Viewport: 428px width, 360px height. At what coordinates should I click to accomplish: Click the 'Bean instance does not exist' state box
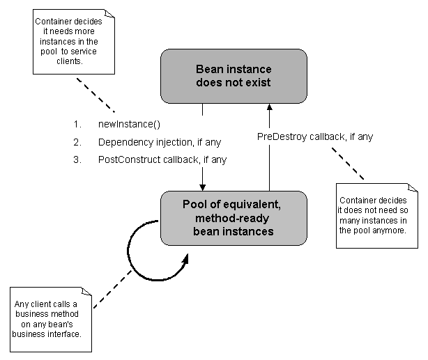[233, 77]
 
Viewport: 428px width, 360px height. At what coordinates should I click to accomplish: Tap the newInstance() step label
[129, 125]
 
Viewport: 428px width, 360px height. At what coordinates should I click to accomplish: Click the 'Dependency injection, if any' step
[159, 143]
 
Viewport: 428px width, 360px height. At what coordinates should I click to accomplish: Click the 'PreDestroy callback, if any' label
[315, 136]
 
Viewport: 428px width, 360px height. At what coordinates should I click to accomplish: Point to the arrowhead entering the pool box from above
[202, 186]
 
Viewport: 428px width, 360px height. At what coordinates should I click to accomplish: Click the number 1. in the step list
[77, 125]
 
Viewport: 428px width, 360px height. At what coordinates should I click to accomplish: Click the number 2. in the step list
[77, 143]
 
